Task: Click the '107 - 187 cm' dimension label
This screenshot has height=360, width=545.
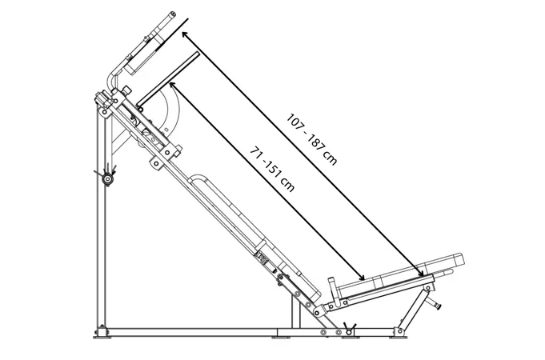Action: tap(311, 139)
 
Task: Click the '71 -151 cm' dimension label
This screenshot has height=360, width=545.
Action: tap(272, 170)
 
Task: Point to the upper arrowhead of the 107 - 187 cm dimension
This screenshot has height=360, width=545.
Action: tap(185, 34)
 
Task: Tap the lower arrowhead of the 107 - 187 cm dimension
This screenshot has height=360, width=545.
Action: tap(421, 273)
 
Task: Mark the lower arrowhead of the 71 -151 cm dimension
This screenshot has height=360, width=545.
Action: tap(361, 277)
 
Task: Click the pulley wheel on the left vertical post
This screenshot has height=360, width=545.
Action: tap(107, 179)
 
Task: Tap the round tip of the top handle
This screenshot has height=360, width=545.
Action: tap(172, 14)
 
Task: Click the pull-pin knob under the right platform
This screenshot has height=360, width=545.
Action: tap(435, 304)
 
